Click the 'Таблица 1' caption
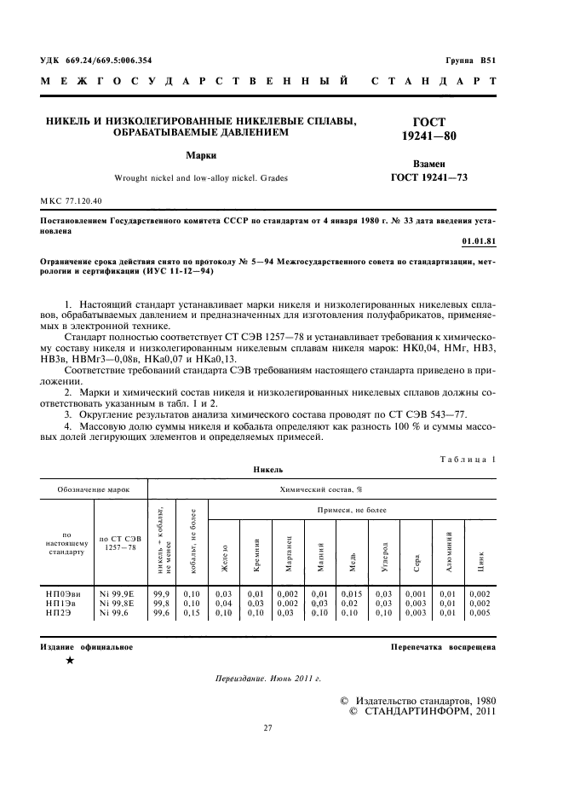(468, 458)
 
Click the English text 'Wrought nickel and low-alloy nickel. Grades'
(201, 178)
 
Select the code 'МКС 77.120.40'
(72, 200)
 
